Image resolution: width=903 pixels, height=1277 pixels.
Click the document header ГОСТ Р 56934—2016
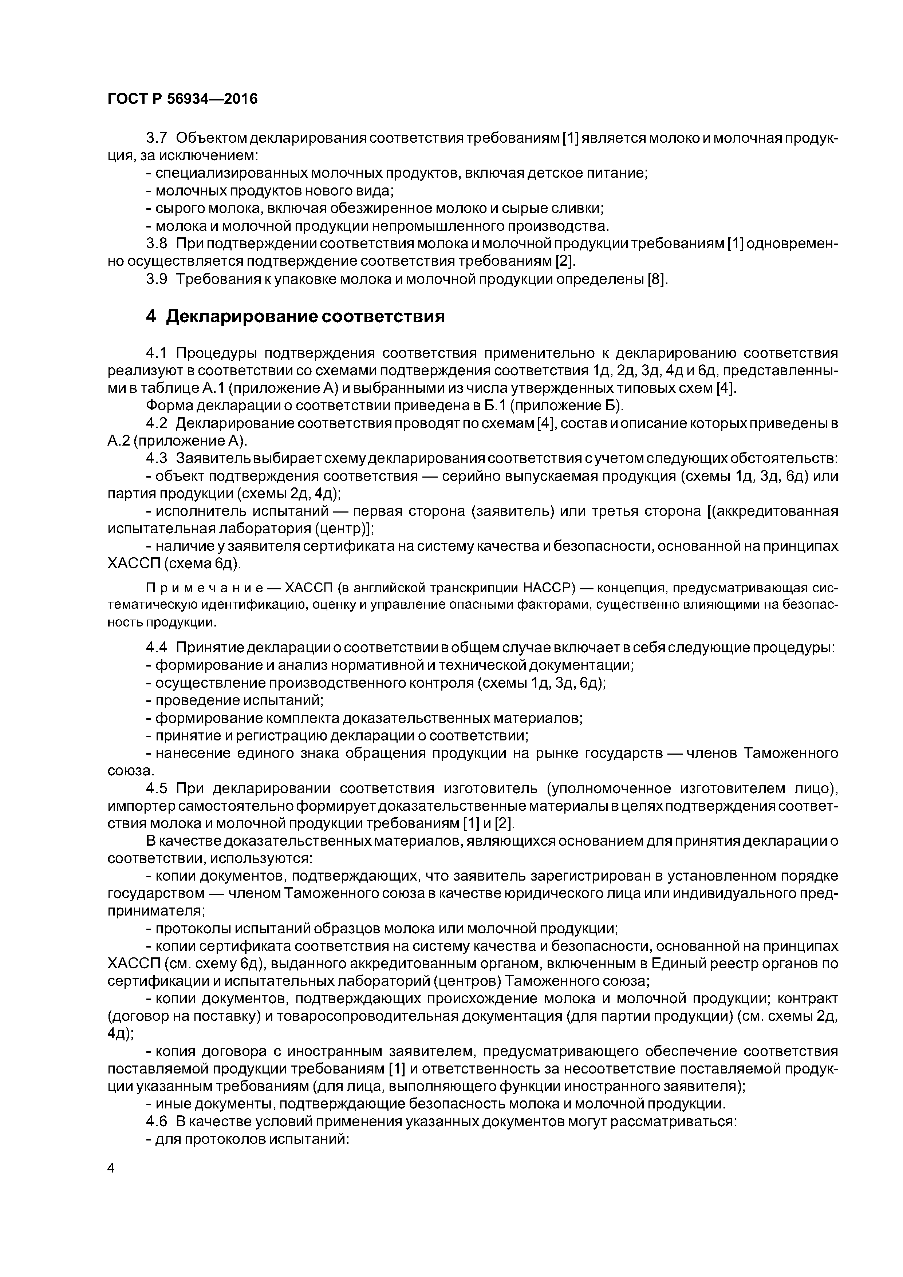pos(182,99)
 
